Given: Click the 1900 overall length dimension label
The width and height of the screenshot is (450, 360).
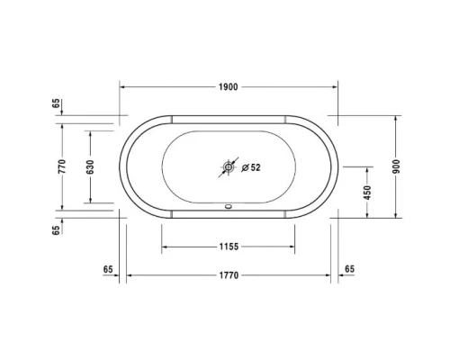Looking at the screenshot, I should point(228,86).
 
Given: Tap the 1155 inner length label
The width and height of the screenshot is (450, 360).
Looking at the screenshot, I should point(227,247).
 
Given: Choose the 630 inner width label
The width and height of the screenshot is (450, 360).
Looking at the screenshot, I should point(91,166).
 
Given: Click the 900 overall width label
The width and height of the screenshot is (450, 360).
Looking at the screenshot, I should point(395,166).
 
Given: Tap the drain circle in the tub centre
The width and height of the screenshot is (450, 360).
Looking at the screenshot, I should point(228,167).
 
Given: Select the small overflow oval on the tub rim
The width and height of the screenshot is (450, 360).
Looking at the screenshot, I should point(228,203).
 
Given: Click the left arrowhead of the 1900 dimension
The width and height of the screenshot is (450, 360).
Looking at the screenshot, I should point(124,86).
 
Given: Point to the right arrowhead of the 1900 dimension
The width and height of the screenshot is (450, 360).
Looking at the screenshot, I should point(334,86).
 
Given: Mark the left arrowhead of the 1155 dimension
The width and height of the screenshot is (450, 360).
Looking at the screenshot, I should point(165,247).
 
